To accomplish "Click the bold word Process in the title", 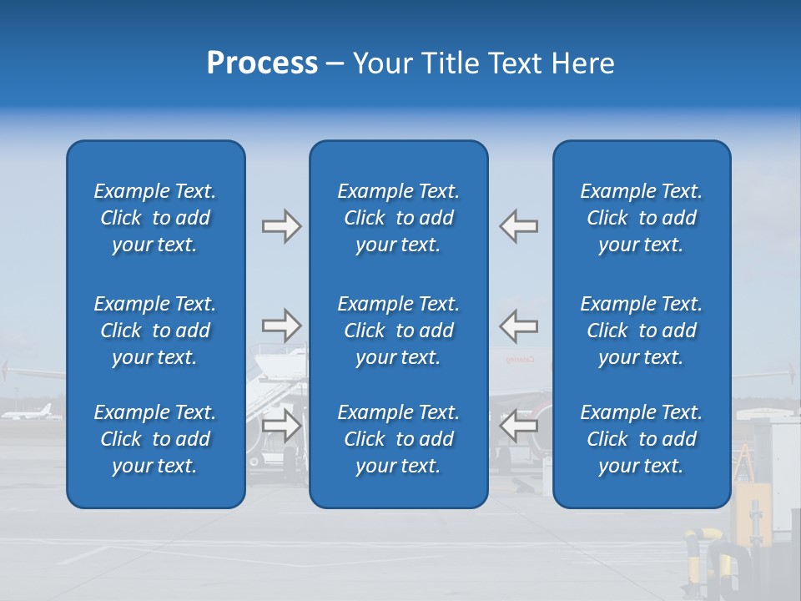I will click(x=262, y=63).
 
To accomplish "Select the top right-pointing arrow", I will click(x=281, y=226).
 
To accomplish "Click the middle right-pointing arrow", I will click(x=281, y=326).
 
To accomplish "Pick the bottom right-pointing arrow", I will click(x=281, y=426).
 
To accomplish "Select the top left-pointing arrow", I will click(x=519, y=226).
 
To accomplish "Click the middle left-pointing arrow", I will click(x=519, y=326).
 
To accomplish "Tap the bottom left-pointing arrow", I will click(x=519, y=426).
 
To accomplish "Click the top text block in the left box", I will click(x=155, y=218).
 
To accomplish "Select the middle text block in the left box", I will click(x=155, y=331).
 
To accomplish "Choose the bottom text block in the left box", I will click(x=155, y=439).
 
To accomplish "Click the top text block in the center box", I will click(x=398, y=218).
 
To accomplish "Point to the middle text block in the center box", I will click(x=398, y=331).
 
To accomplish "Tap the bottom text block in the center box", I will click(x=398, y=439).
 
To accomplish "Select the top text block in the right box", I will click(x=641, y=218).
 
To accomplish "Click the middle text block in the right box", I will click(x=641, y=331).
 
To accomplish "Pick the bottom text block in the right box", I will click(x=641, y=439).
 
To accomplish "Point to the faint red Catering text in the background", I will click(x=518, y=360).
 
